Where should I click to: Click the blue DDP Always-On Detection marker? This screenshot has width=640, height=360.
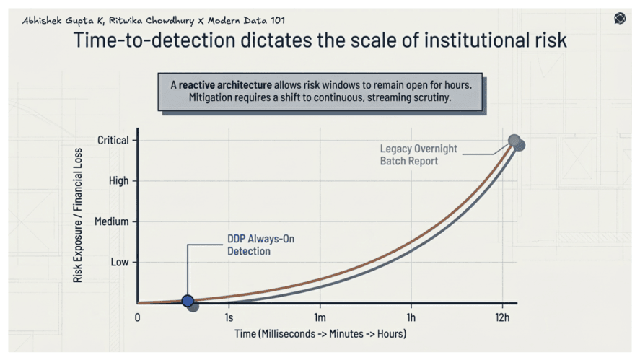click(x=188, y=301)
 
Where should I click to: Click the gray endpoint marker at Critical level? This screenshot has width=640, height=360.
click(x=514, y=141)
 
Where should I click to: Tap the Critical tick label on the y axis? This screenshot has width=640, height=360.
click(x=113, y=140)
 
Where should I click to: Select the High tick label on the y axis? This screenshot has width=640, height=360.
click(x=118, y=181)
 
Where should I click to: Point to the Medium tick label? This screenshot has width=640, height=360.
click(x=113, y=221)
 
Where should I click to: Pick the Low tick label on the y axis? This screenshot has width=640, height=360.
click(x=120, y=262)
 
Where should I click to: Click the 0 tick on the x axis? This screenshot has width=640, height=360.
click(x=138, y=317)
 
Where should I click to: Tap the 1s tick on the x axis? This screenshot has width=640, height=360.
click(x=229, y=317)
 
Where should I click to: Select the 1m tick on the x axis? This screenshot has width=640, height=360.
click(x=320, y=317)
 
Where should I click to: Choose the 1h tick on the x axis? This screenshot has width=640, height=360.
click(x=411, y=317)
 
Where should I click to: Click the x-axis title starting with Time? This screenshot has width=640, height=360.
click(x=320, y=333)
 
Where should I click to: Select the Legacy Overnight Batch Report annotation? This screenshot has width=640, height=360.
click(x=418, y=154)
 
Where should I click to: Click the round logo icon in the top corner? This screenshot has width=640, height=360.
click(x=620, y=19)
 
